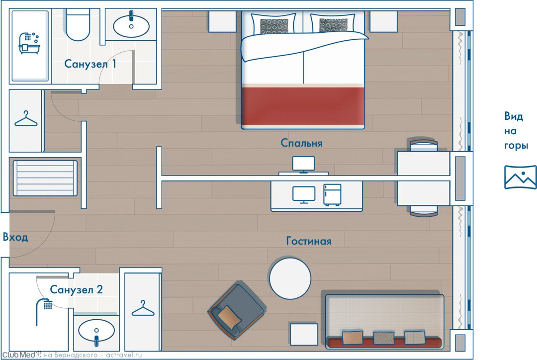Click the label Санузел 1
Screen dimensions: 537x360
pyautogui.click(x=90, y=64)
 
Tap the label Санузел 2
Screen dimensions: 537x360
pyautogui.click(x=76, y=290)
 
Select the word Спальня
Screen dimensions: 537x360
pyautogui.click(x=301, y=143)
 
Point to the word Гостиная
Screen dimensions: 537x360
pyautogui.click(x=309, y=241)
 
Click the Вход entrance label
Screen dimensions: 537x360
pyautogui.click(x=15, y=237)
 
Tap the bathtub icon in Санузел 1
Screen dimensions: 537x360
pyautogui.click(x=29, y=43)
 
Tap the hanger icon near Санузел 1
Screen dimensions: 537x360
pyautogui.click(x=26, y=119)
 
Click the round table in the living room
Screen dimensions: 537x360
pyautogui.click(x=290, y=278)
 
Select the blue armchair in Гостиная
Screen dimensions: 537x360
pyautogui.click(x=236, y=311)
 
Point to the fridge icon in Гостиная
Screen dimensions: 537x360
pyautogui.click(x=332, y=195)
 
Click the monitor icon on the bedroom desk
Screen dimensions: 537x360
pyautogui.click(x=303, y=165)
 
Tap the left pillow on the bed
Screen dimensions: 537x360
pyautogui.click(x=273, y=24)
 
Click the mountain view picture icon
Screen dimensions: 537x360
pyautogui.click(x=520, y=177)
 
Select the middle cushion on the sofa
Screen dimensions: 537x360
pyautogui.click(x=383, y=338)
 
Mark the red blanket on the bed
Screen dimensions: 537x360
pyautogui.click(x=303, y=106)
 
